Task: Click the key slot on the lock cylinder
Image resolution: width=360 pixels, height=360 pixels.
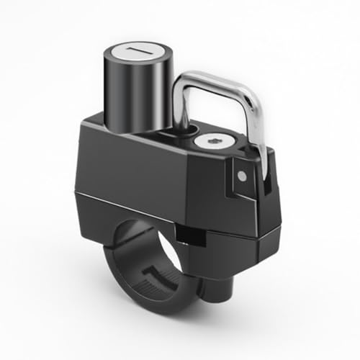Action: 137,55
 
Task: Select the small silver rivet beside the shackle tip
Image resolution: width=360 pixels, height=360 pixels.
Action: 243,174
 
